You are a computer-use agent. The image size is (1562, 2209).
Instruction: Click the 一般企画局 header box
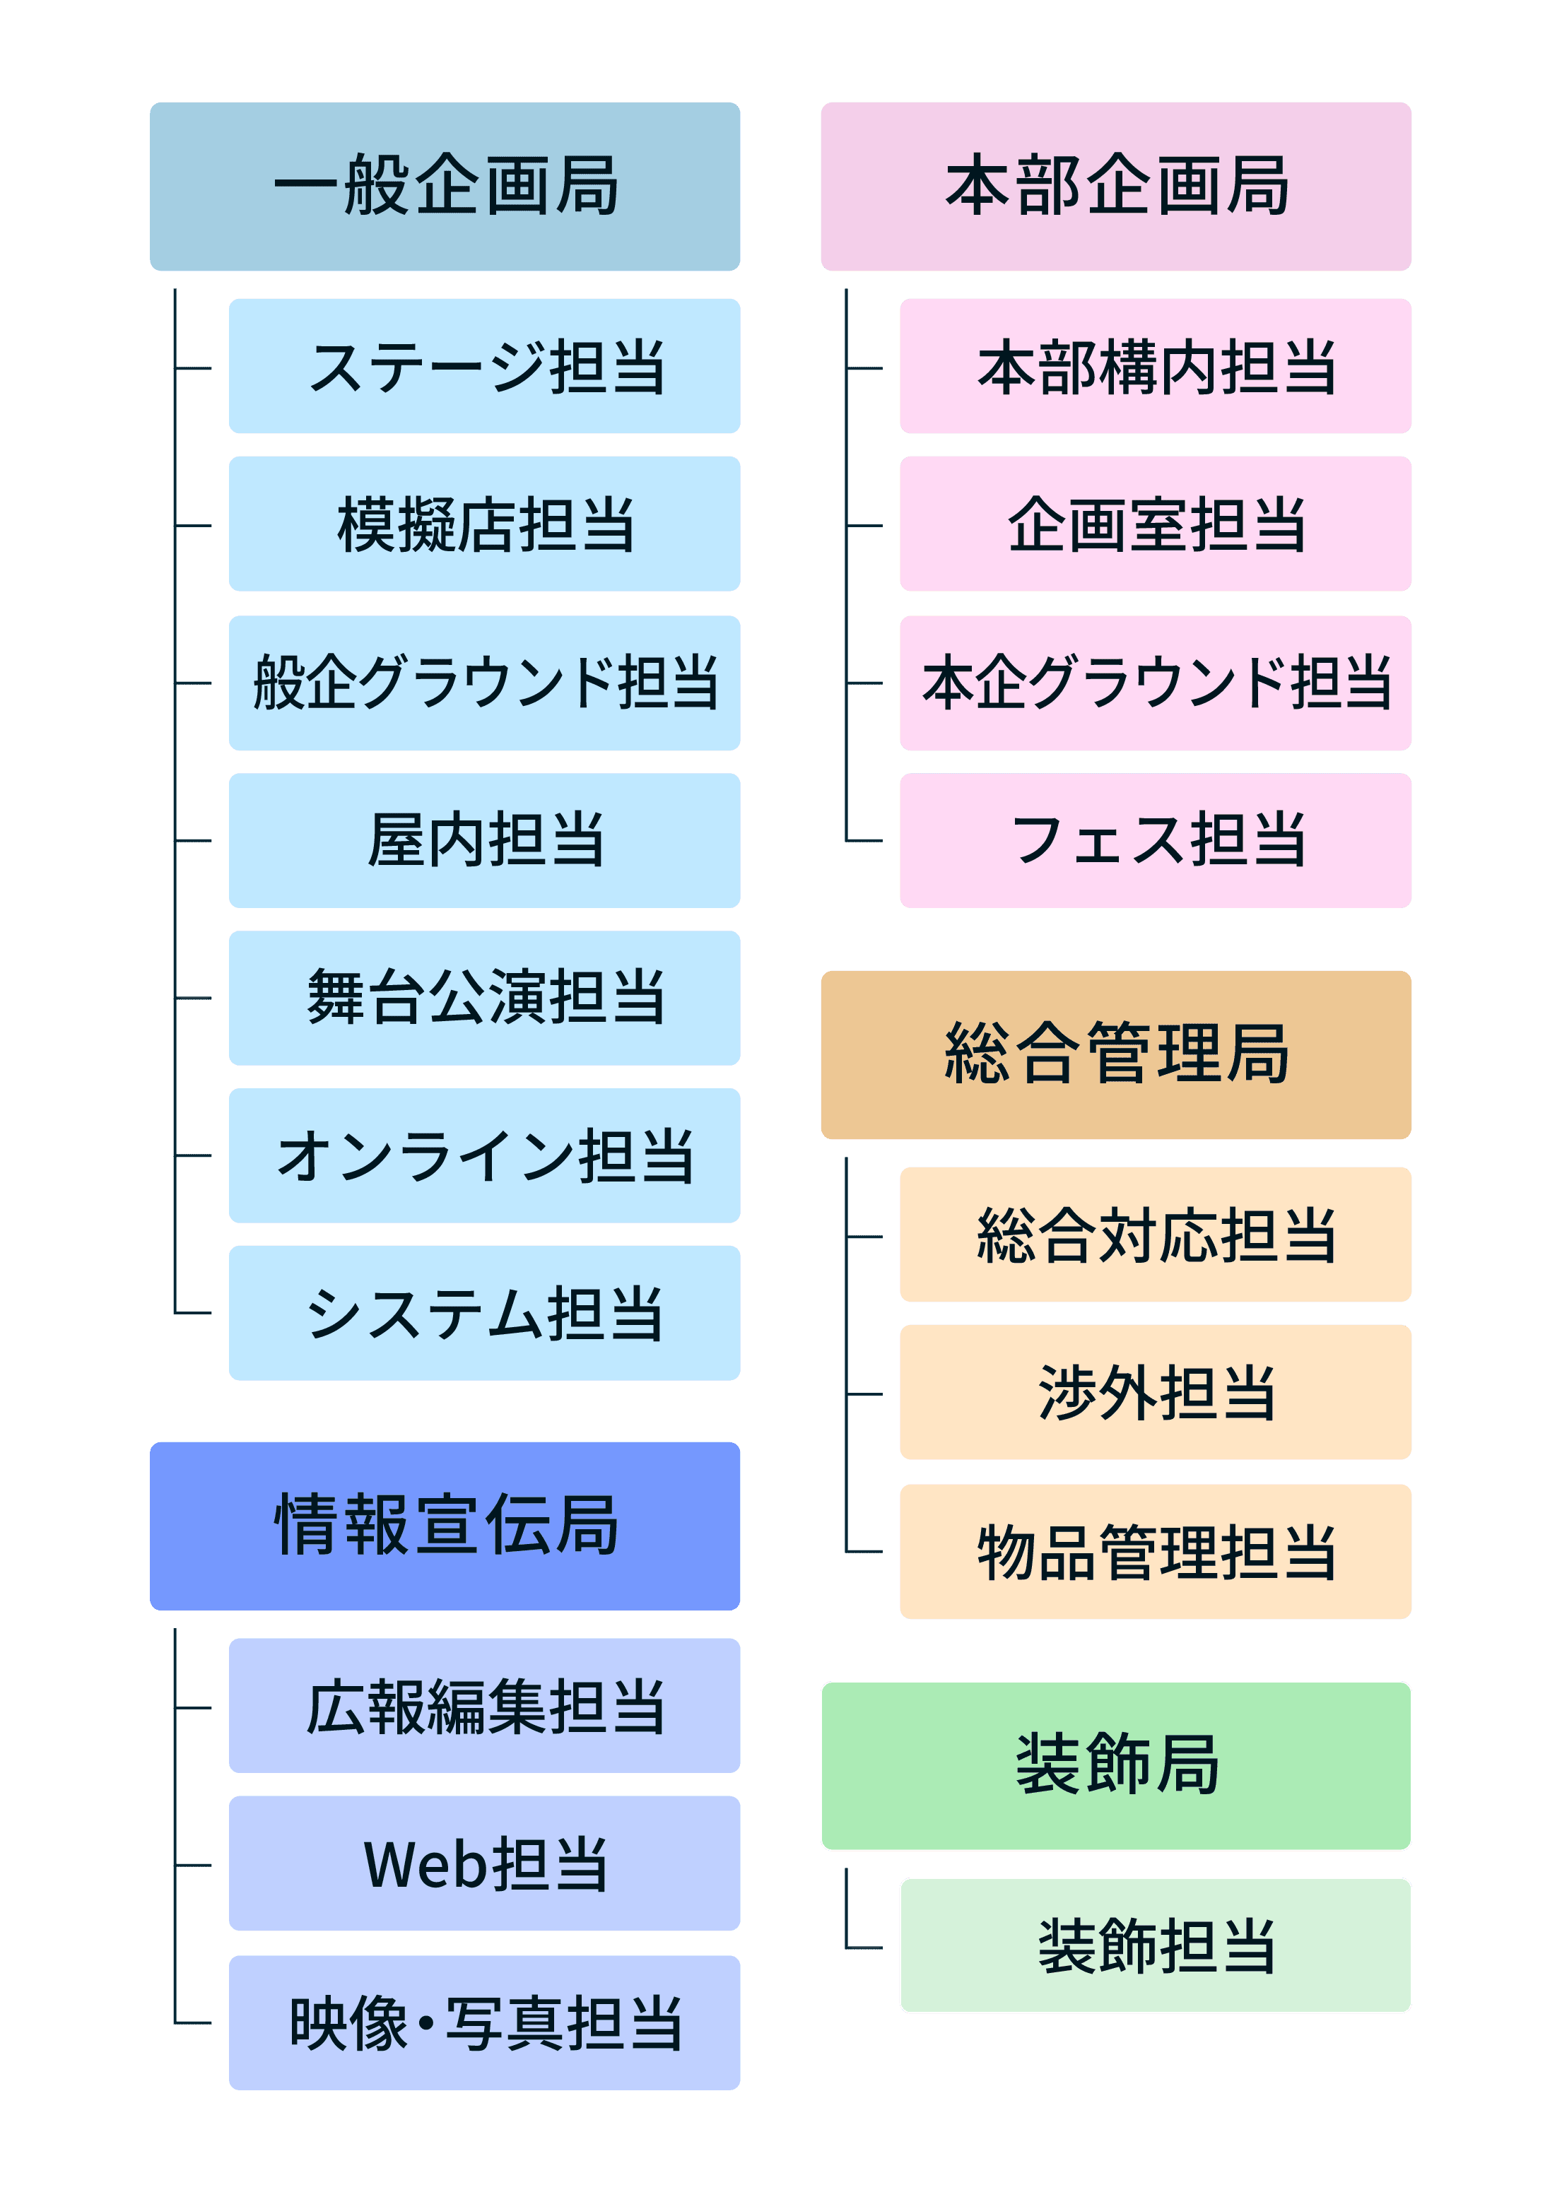[x=445, y=186]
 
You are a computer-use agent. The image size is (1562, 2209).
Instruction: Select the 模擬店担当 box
[x=484, y=524]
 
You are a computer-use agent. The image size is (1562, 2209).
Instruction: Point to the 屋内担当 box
[x=484, y=840]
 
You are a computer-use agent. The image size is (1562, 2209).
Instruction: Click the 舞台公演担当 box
[x=484, y=998]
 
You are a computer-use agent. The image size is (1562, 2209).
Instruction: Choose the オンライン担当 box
[x=484, y=1155]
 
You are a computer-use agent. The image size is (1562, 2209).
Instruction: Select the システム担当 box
[x=484, y=1312]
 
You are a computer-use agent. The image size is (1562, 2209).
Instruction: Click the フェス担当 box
[x=1155, y=840]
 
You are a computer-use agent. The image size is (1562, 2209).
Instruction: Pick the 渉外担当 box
[x=1155, y=1392]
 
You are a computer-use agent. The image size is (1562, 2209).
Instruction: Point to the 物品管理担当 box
[x=1155, y=1551]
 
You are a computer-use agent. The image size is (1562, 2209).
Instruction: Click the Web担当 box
[x=484, y=1863]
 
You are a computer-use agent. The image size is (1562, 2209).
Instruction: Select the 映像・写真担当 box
[x=484, y=2022]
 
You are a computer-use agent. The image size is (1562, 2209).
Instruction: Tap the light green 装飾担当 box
[x=1155, y=1945]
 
